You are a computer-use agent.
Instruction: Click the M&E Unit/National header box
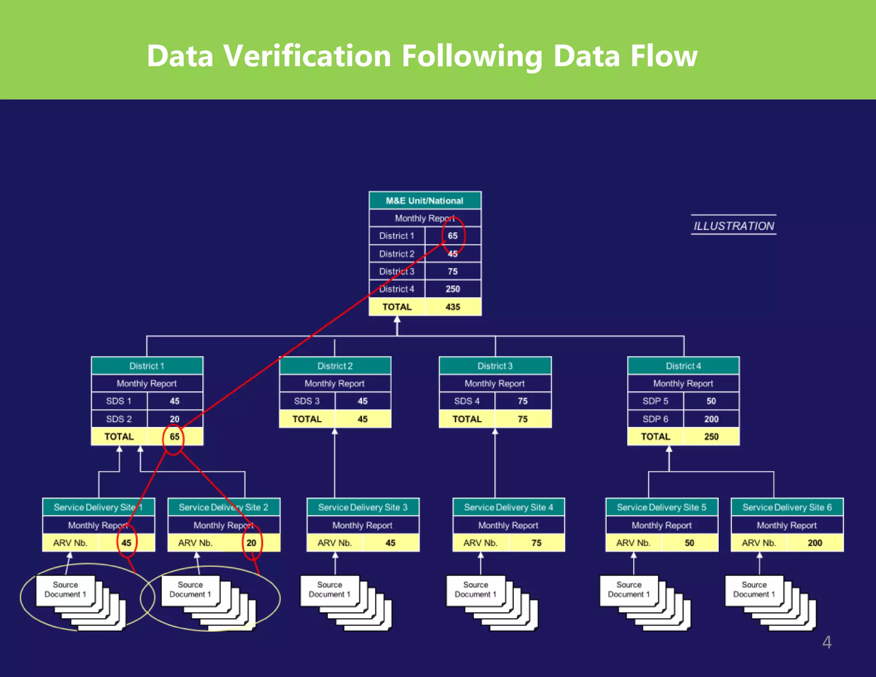click(425, 201)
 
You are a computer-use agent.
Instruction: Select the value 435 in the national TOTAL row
click(453, 307)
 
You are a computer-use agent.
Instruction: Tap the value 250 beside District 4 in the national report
click(453, 289)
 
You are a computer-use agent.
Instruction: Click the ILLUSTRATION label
click(734, 226)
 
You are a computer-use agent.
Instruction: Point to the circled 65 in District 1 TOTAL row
click(174, 437)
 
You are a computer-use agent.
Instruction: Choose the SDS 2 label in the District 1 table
click(119, 419)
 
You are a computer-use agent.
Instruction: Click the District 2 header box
click(335, 366)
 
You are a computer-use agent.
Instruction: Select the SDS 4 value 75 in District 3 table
click(523, 401)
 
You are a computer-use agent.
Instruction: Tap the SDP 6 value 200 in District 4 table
click(711, 419)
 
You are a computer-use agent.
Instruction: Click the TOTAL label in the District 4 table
click(655, 436)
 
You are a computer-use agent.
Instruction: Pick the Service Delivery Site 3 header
click(363, 507)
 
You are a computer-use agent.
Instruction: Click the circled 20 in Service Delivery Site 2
click(252, 543)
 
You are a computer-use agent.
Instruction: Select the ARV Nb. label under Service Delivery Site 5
click(633, 543)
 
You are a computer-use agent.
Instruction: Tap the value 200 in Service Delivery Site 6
click(815, 543)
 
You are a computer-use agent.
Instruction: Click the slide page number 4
click(827, 642)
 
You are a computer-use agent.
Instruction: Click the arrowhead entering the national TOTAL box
click(397, 319)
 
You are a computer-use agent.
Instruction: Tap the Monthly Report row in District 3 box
click(495, 383)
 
